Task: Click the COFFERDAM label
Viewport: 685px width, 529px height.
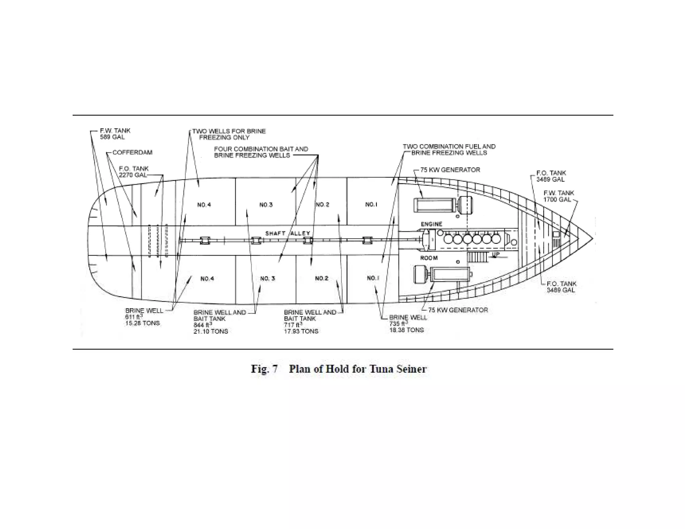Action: [132, 152]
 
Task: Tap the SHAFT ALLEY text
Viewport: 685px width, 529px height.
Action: [288, 233]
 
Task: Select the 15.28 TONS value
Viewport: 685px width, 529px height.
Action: [142, 323]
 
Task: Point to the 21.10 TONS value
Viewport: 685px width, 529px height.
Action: [211, 331]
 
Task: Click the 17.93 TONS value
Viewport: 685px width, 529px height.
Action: [301, 331]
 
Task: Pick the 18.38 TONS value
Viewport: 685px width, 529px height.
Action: [406, 330]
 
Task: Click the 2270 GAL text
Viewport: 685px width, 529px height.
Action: [133, 175]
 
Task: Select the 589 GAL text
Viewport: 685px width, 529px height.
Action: [112, 137]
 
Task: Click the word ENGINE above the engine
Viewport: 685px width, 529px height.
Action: [431, 224]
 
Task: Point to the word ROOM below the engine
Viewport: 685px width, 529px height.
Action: [429, 258]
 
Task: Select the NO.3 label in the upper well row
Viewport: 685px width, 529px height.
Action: [266, 205]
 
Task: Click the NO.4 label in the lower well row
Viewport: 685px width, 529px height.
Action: [207, 279]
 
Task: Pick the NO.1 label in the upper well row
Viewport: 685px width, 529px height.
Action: [371, 204]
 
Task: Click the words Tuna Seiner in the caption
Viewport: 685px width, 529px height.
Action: [398, 369]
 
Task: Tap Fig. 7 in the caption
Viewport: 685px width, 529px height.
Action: [264, 369]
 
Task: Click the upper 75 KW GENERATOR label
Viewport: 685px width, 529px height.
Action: [450, 170]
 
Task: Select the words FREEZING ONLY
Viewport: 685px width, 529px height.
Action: [224, 137]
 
